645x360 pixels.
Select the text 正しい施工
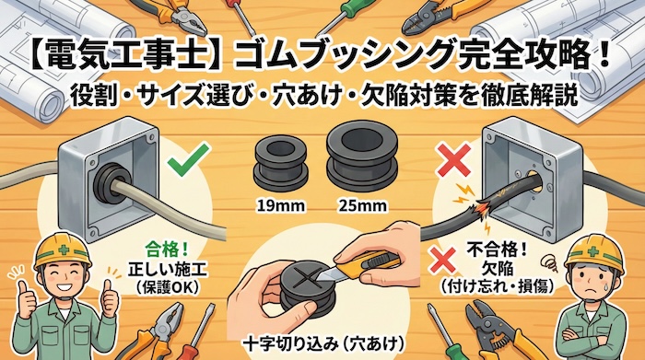(x=168, y=268)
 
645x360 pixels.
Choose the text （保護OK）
(x=168, y=286)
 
